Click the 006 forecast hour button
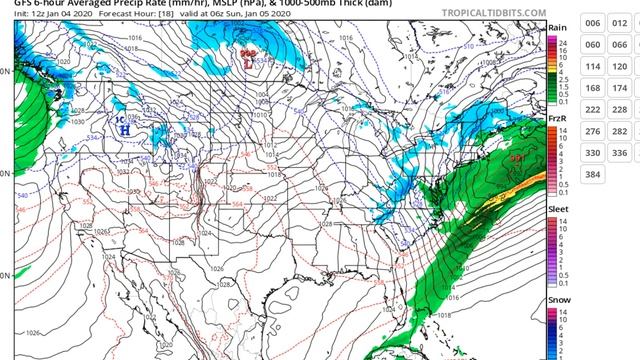[x=592, y=23]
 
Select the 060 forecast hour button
[x=592, y=45]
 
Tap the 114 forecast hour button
[x=592, y=66]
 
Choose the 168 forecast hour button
[x=592, y=88]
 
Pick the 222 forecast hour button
[x=592, y=109]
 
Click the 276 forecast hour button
[x=592, y=131]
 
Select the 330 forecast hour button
[x=592, y=153]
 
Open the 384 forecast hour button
[x=592, y=174]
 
